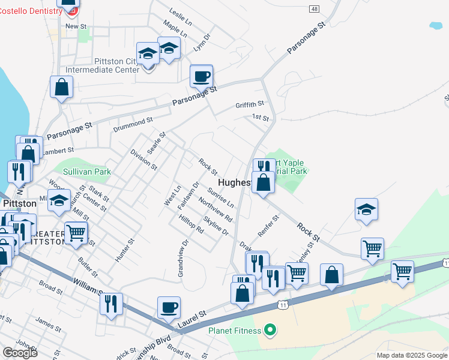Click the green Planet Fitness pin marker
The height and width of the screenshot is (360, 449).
270,329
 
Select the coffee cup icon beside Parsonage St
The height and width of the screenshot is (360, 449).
201,76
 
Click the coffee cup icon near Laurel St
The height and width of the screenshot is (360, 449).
169,307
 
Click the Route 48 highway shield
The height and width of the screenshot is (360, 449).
314,8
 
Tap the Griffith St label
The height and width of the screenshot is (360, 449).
250,104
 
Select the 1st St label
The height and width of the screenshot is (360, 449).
260,118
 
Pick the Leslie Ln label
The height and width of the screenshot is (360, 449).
181,17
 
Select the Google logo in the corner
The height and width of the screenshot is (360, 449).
20,352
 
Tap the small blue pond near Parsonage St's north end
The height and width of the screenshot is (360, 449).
436,26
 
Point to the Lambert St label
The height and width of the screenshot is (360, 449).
58,151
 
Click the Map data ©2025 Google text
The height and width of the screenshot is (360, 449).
411,355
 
